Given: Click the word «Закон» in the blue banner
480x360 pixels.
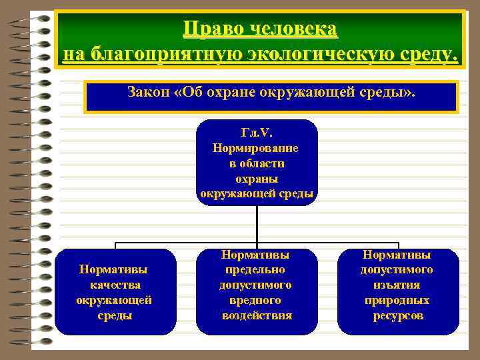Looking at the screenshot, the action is pyautogui.click(x=147, y=92).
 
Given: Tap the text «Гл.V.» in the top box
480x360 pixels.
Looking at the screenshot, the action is pyautogui.click(x=257, y=133).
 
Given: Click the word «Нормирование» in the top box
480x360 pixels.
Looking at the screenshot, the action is pyautogui.click(x=257, y=148).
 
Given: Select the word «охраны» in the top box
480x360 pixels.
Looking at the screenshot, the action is pyautogui.click(x=257, y=179).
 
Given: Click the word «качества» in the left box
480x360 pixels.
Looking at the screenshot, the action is pyautogui.click(x=114, y=285).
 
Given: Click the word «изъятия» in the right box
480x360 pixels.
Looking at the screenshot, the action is pyautogui.click(x=397, y=285).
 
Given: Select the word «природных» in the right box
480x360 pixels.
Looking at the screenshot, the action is pyautogui.click(x=397, y=300).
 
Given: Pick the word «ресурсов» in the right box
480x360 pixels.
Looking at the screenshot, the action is pyautogui.click(x=397, y=315).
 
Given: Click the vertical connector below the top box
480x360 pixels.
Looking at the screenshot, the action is pyautogui.click(x=257, y=223).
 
